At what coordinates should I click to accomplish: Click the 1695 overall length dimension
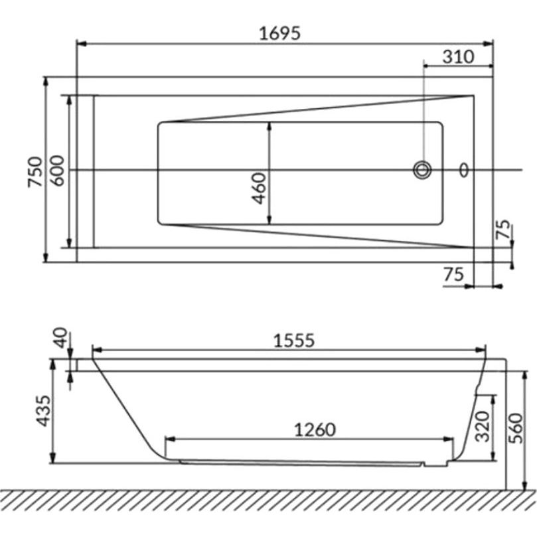pyautogui.click(x=279, y=34)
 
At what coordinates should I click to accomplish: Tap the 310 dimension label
pyautogui.click(x=458, y=57)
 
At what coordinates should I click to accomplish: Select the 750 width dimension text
pyautogui.click(x=35, y=172)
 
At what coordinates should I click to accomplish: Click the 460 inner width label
pyautogui.click(x=259, y=189)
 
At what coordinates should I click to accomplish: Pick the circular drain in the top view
pyautogui.click(x=422, y=170)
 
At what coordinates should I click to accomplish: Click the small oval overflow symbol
pyautogui.click(x=464, y=170)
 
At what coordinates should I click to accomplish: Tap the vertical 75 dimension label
pyautogui.click(x=503, y=229)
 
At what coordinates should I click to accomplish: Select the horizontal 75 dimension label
pyautogui.click(x=454, y=274)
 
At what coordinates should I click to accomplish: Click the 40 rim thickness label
pyautogui.click(x=60, y=338)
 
